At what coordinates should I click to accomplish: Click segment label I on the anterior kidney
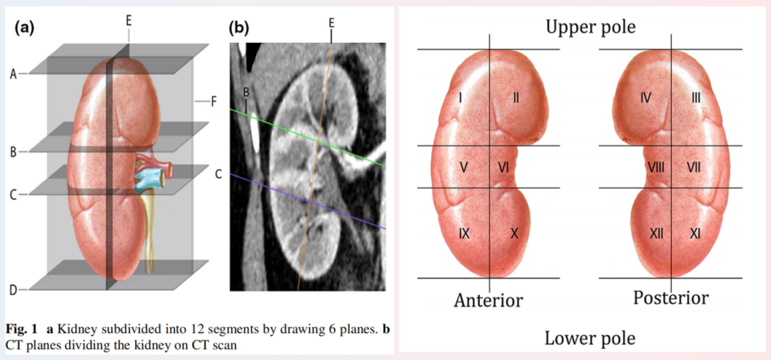[460, 98]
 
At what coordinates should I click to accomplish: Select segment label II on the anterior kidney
[516, 98]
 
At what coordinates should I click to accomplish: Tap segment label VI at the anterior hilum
[503, 167]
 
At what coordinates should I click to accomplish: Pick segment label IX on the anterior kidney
[464, 234]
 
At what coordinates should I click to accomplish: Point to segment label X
[514, 234]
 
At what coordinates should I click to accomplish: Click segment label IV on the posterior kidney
[646, 98]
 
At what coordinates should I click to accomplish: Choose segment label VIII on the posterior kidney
[656, 167]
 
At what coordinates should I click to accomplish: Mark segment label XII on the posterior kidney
[657, 234]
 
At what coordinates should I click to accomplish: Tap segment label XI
[695, 234]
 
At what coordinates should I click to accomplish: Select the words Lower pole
[590, 338]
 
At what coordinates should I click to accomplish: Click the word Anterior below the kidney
[488, 300]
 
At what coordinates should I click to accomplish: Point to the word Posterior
[670, 298]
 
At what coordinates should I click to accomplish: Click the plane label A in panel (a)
[14, 74]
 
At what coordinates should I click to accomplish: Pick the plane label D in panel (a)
[14, 290]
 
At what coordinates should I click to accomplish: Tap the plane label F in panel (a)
[213, 102]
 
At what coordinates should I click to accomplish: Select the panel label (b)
[239, 28]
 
